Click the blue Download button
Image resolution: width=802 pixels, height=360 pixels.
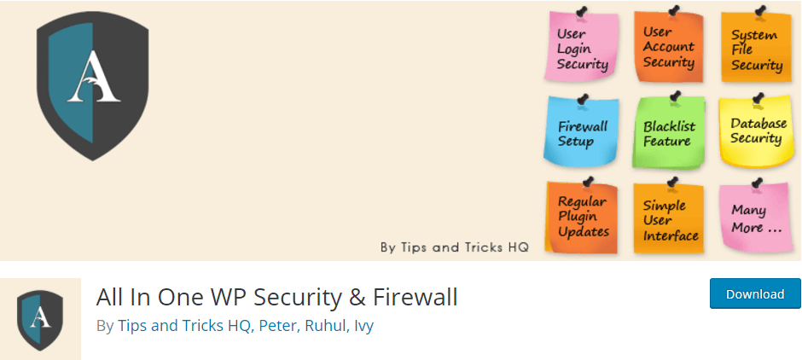point(755,293)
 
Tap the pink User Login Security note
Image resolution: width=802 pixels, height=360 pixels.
point(582,47)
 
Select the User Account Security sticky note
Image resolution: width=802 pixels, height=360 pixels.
point(669,47)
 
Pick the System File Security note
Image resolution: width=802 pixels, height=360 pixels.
point(756,48)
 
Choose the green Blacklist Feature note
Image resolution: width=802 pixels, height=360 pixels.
point(668,132)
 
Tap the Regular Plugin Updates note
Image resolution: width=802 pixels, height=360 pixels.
point(582,217)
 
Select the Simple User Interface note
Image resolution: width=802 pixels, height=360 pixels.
point(669,218)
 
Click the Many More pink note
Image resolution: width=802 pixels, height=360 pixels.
point(756,218)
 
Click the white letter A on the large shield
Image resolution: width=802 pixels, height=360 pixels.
point(94,78)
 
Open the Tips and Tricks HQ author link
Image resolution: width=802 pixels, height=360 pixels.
point(184,326)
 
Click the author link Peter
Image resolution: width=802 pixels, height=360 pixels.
point(278,326)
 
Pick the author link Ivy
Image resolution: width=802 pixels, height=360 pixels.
point(363,326)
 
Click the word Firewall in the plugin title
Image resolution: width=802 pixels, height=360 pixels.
point(415,297)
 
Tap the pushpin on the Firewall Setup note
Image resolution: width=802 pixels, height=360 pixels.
point(582,100)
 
